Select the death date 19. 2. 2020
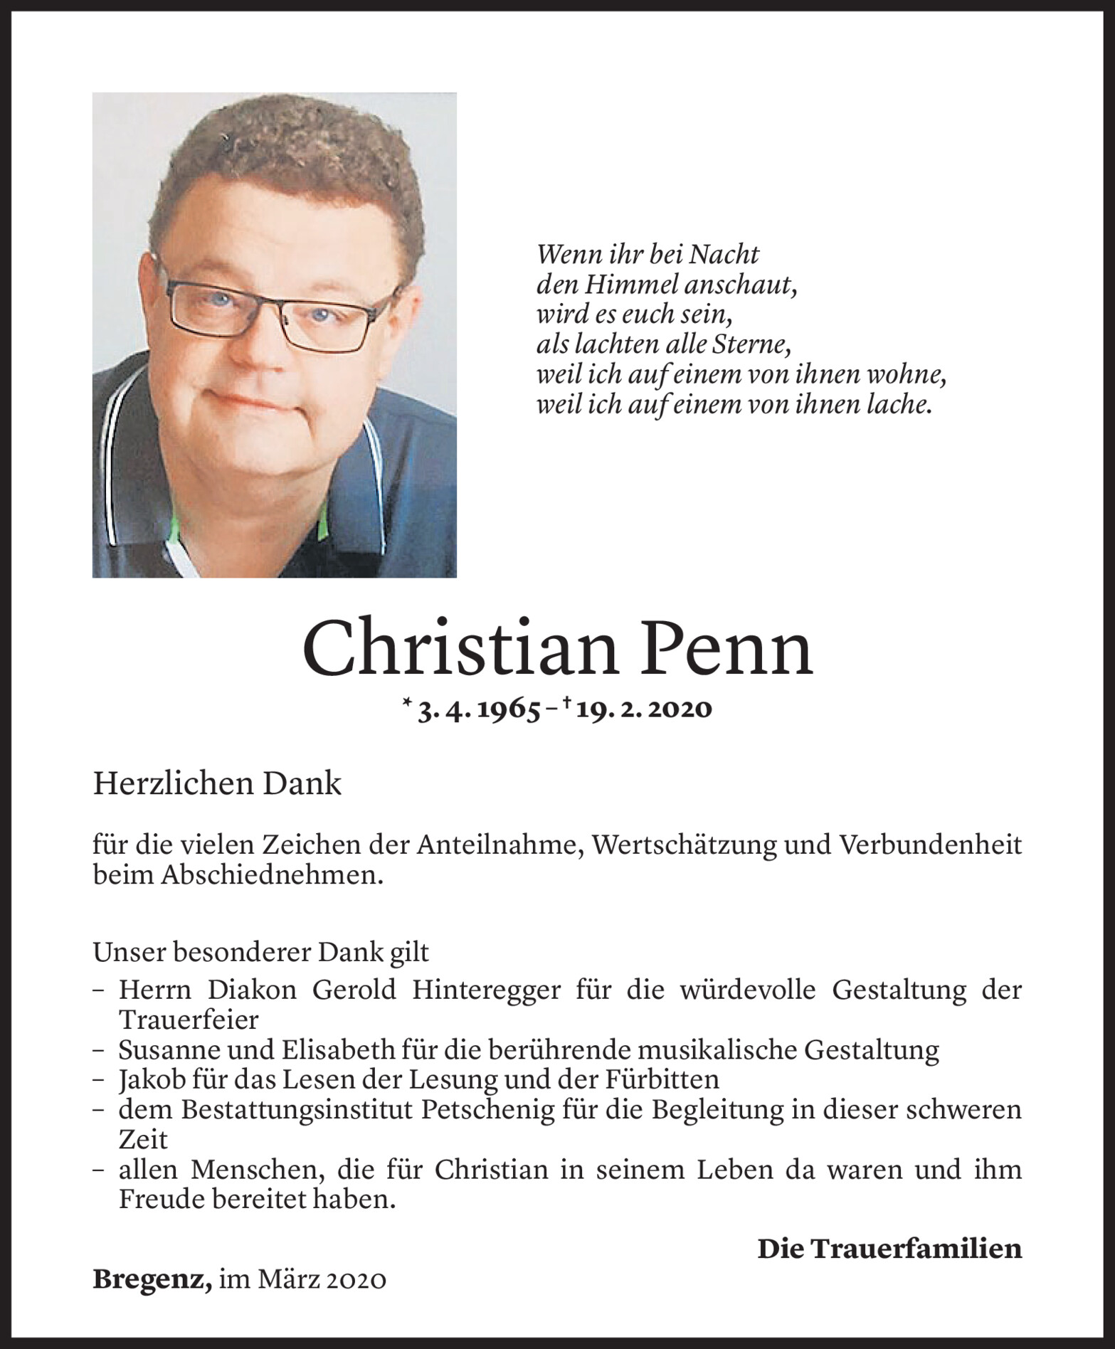click(x=644, y=709)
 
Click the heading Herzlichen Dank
click(x=217, y=784)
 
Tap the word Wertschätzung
click(x=683, y=845)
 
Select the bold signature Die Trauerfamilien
click(x=889, y=1249)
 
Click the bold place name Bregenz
click(x=152, y=1280)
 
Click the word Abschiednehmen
click(x=272, y=875)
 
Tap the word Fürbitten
click(x=662, y=1079)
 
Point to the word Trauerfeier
click(x=189, y=1020)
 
